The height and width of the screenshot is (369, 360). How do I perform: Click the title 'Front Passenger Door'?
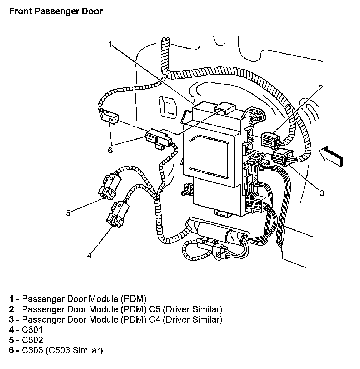click(56, 11)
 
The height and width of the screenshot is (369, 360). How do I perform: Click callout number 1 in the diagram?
click(111, 44)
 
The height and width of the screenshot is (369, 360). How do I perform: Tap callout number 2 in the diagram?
click(321, 88)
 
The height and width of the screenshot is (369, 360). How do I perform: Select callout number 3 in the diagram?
click(321, 193)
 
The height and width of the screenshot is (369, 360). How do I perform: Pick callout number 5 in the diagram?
click(69, 213)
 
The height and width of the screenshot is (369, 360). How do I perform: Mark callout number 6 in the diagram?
click(110, 150)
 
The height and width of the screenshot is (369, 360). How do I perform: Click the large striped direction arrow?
click(330, 156)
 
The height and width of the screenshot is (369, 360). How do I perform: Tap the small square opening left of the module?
click(167, 107)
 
